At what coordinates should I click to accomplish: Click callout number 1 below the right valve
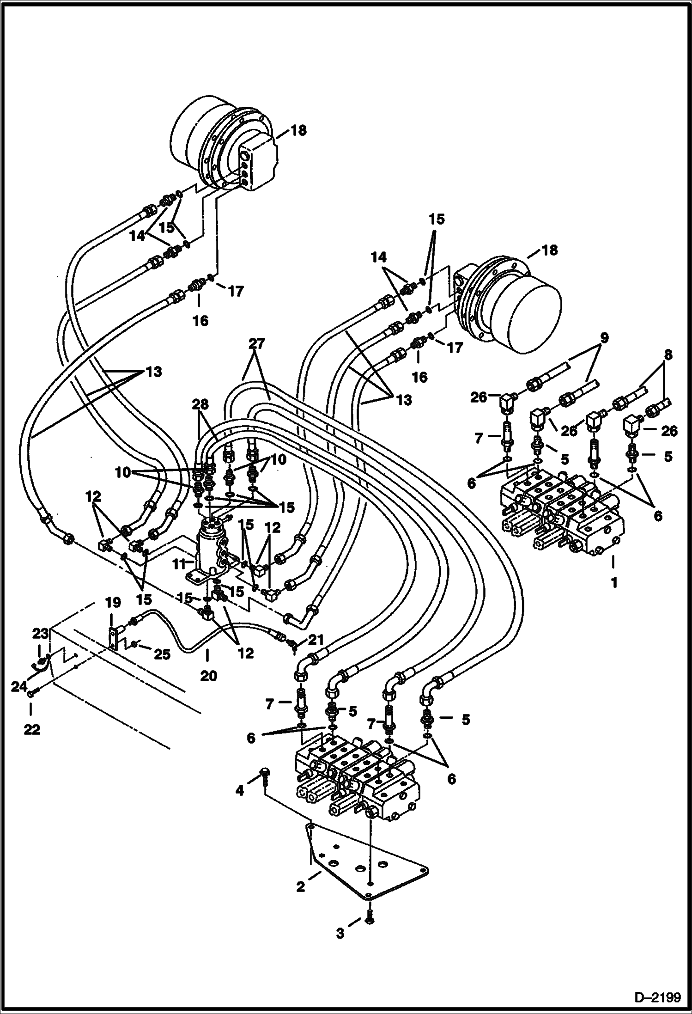coord(614,583)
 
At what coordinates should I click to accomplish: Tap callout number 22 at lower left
coord(31,729)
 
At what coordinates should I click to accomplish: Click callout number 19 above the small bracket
coord(113,603)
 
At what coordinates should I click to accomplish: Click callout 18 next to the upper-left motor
coord(299,130)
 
